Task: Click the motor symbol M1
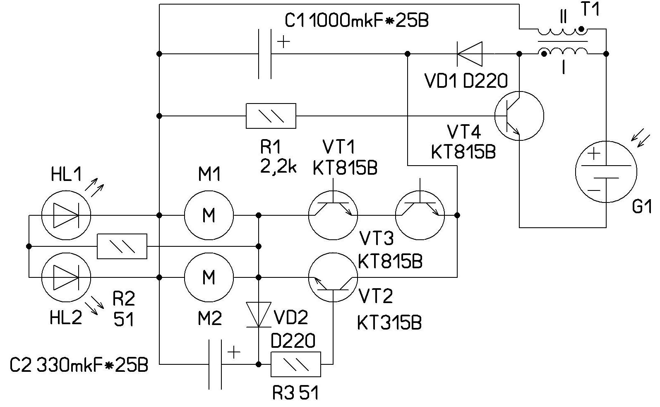coord(209,215)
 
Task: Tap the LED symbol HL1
coord(66,215)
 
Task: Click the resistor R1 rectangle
coord(271,116)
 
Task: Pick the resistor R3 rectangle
coord(296,364)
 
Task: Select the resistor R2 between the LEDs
coord(122,246)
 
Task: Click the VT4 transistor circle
coord(519,116)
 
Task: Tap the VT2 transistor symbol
coord(333,277)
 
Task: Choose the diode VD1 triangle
coord(470,54)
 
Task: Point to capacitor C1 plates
coord(265,54)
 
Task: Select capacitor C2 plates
coord(215,364)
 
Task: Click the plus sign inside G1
coord(594,154)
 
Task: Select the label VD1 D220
coord(466,81)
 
